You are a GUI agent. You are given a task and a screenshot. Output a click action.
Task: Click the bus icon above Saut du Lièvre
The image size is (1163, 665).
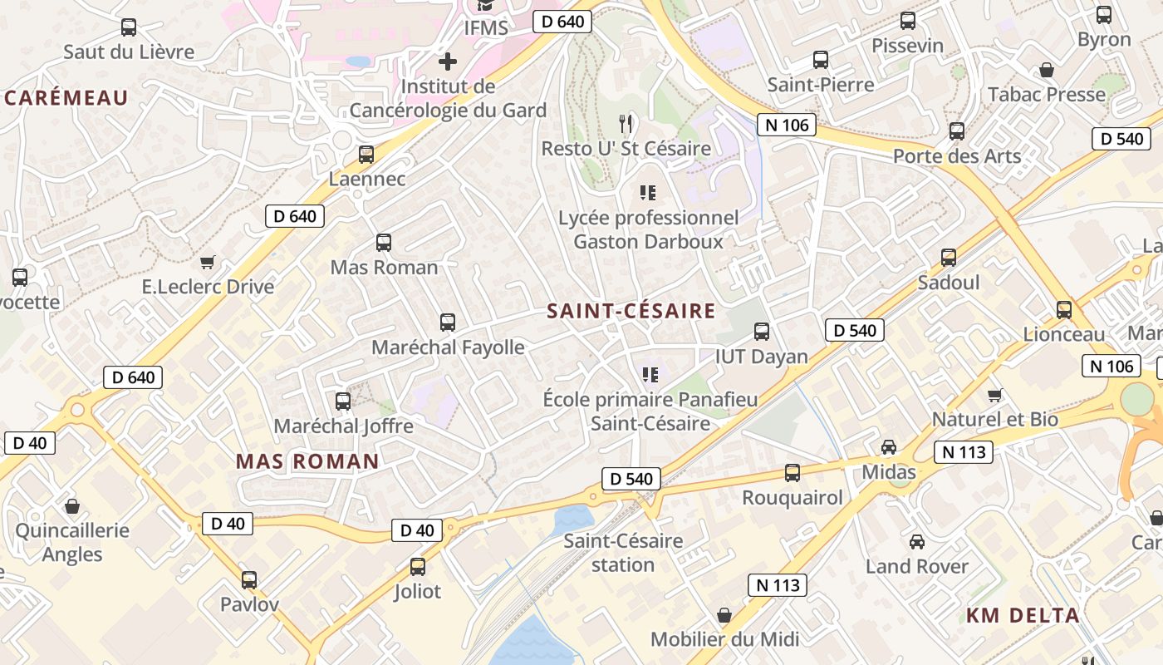pos(129,27)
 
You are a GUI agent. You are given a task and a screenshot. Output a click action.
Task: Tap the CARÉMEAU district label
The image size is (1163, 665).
pos(66,98)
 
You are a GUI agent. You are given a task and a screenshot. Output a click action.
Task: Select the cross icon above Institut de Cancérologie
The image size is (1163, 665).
pos(448,62)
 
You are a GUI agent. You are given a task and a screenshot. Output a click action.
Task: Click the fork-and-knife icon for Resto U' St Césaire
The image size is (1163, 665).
pos(626,124)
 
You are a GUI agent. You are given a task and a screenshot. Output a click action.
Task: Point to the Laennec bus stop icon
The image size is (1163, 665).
pos(366,154)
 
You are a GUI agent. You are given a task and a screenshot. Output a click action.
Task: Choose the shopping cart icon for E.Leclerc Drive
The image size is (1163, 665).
pos(208,262)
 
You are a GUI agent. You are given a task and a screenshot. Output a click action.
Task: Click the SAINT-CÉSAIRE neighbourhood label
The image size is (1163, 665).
pos(631,311)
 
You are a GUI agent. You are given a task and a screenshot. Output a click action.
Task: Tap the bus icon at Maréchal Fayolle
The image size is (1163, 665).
pos(448,322)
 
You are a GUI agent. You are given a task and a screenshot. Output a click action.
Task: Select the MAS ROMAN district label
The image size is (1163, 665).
pos(307,461)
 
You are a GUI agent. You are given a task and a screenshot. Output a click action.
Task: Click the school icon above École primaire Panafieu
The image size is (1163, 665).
pos(650,375)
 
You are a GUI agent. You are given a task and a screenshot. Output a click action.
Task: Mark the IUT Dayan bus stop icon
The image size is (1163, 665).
pos(762,332)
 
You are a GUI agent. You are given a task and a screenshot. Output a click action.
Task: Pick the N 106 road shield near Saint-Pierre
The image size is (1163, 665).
pos(786,126)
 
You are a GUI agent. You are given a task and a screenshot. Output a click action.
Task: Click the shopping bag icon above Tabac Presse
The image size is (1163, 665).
pos(1047,70)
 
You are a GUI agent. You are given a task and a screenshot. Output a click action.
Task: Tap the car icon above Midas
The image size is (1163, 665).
pos(889,447)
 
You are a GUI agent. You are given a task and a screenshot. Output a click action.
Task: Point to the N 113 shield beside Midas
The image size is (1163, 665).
pos(964,452)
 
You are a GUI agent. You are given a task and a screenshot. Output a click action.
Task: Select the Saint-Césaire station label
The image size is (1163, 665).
pos(623,553)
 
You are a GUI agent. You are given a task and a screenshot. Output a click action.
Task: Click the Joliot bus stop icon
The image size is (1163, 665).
pos(418,567)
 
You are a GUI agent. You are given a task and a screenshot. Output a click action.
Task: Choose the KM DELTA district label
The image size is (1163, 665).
pos(1023,616)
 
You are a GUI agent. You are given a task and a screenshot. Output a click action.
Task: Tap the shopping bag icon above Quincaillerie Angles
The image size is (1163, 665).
pos(72,505)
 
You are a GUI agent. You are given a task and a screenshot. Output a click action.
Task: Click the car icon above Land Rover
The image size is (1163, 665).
pos(917,542)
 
